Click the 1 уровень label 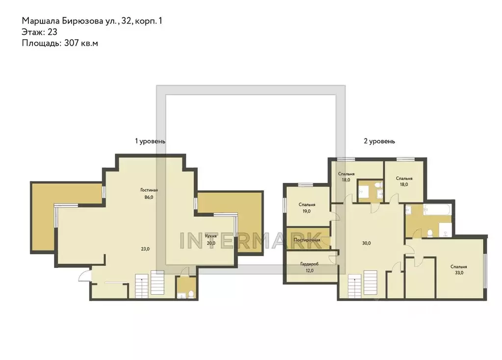click(x=150, y=141)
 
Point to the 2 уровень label click(x=379, y=141)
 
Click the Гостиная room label click(x=149, y=190)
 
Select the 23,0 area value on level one click(x=145, y=249)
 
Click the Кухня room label click(x=211, y=236)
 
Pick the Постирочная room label click(x=307, y=240)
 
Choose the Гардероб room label click(x=309, y=264)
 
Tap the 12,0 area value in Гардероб click(x=309, y=271)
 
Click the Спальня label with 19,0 click(x=307, y=205)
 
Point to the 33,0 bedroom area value click(x=458, y=273)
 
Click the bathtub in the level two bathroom click(x=436, y=211)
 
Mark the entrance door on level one click(x=85, y=275)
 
